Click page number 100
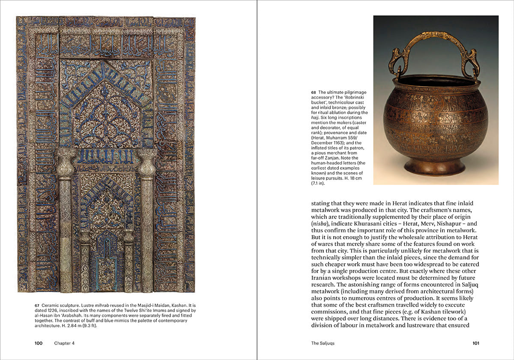click(39, 343)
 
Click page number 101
click(475, 343)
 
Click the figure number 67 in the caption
click(37, 305)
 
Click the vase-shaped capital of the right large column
click(147, 163)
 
